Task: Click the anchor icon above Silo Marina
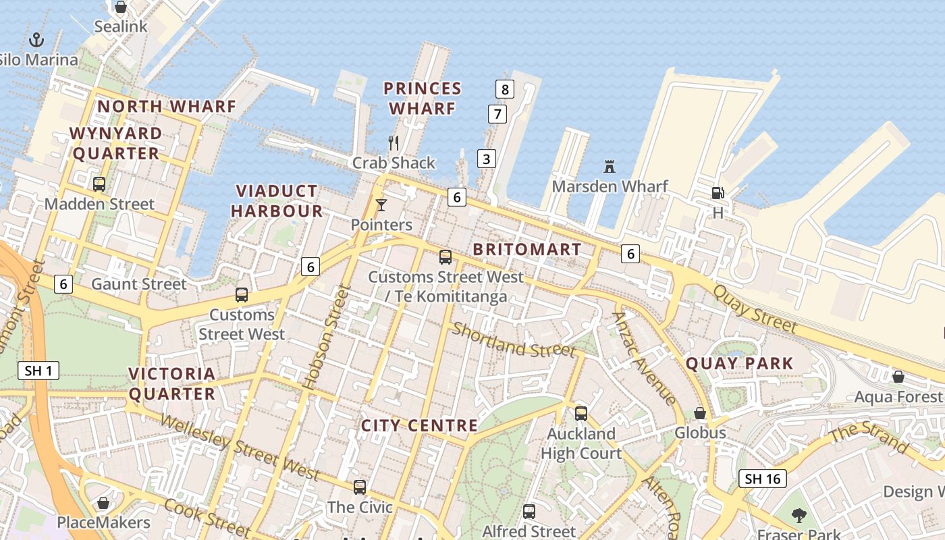(x=36, y=40)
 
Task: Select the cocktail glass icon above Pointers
(x=381, y=205)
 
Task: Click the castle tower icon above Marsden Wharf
(x=610, y=166)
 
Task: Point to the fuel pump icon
(x=718, y=193)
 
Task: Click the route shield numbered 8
(x=504, y=88)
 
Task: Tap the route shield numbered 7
(x=497, y=113)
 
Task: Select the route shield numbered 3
(x=486, y=159)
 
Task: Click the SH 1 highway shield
(x=40, y=370)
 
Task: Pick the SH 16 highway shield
(x=763, y=479)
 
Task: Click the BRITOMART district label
(x=527, y=249)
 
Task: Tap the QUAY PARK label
(x=740, y=363)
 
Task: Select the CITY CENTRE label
(x=419, y=425)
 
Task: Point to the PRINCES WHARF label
(x=423, y=98)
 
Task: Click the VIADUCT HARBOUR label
(x=277, y=200)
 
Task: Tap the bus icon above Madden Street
(x=99, y=184)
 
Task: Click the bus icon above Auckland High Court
(x=581, y=414)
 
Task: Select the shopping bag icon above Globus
(x=700, y=413)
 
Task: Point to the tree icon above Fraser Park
(x=799, y=516)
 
